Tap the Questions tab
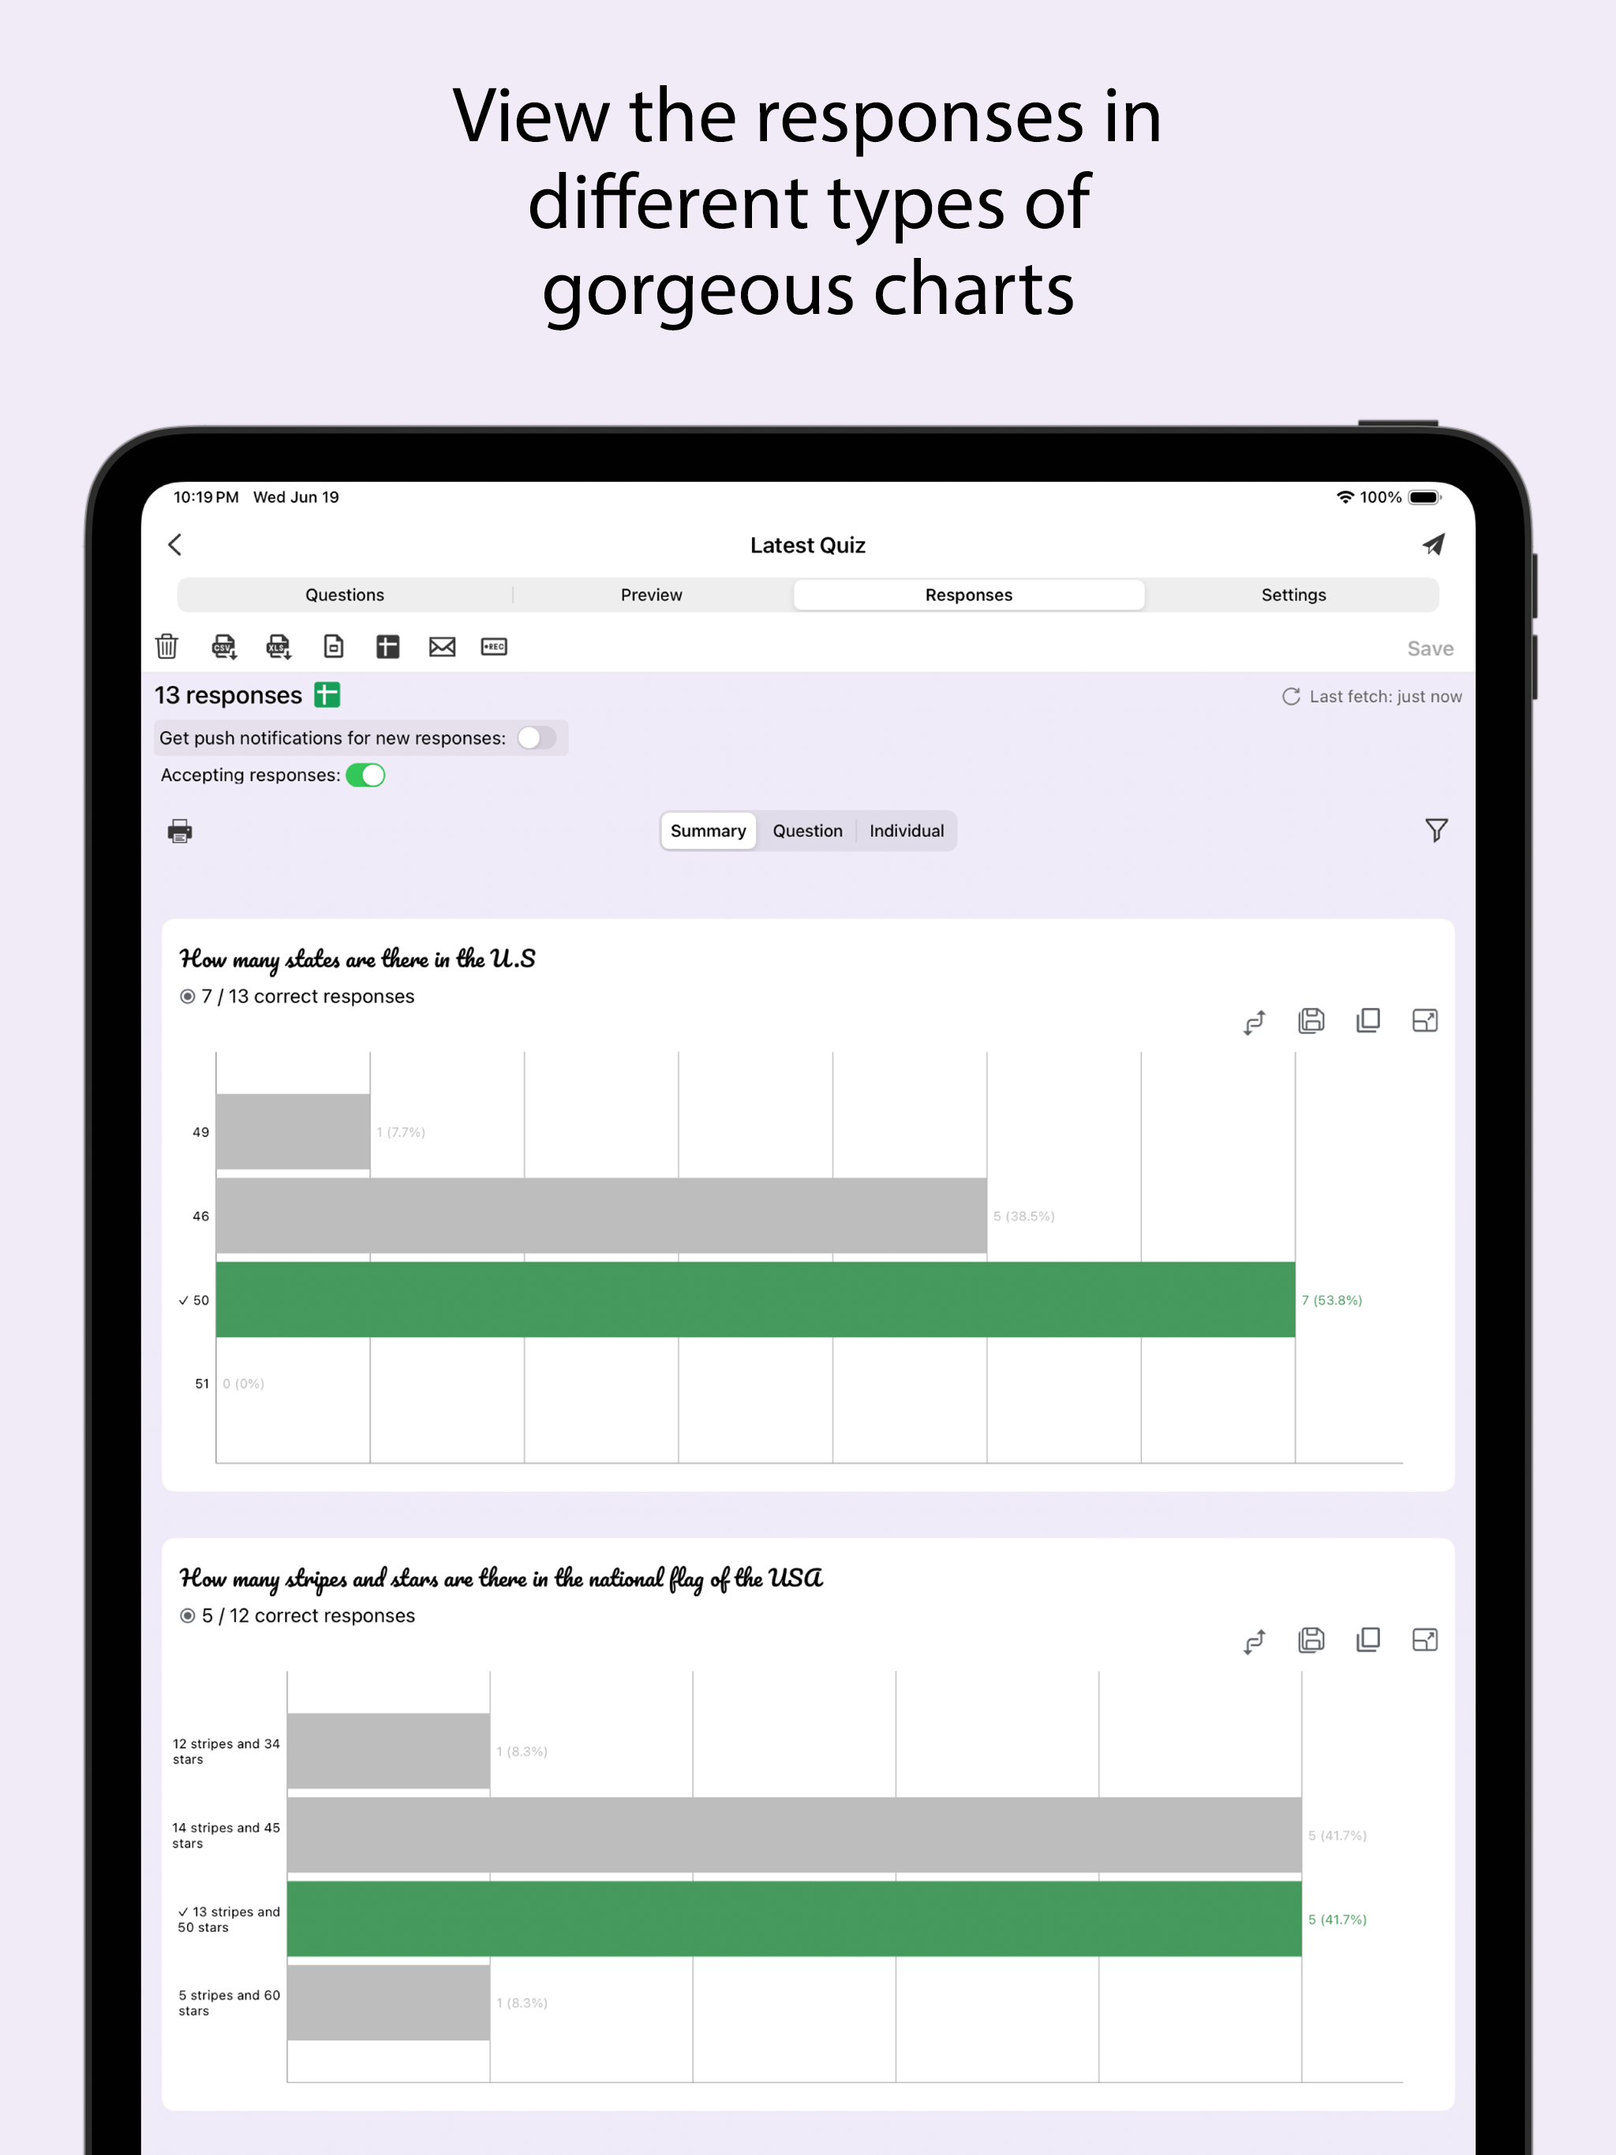[344, 594]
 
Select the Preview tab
[651, 594]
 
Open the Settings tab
[1292, 594]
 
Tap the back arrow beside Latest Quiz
[175, 544]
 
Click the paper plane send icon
[1432, 544]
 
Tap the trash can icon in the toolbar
[166, 646]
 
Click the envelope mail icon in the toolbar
[442, 646]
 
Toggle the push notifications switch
[536, 738]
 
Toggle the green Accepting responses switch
[365, 775]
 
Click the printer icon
[179, 831]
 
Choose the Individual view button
[906, 831]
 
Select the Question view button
[807, 831]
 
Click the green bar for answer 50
[754, 1300]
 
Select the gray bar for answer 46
[600, 1215]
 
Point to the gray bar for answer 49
[293, 1131]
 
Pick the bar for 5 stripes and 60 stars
[388, 2002]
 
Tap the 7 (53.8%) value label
[1331, 1300]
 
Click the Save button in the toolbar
[1429, 649]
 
